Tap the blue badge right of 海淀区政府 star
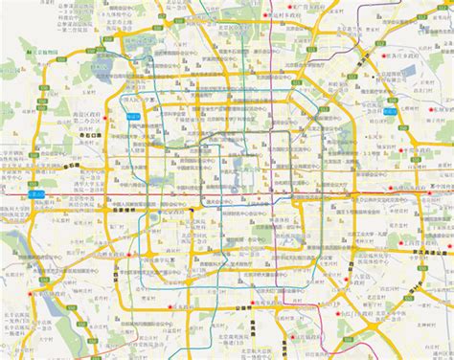[x=133, y=116]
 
